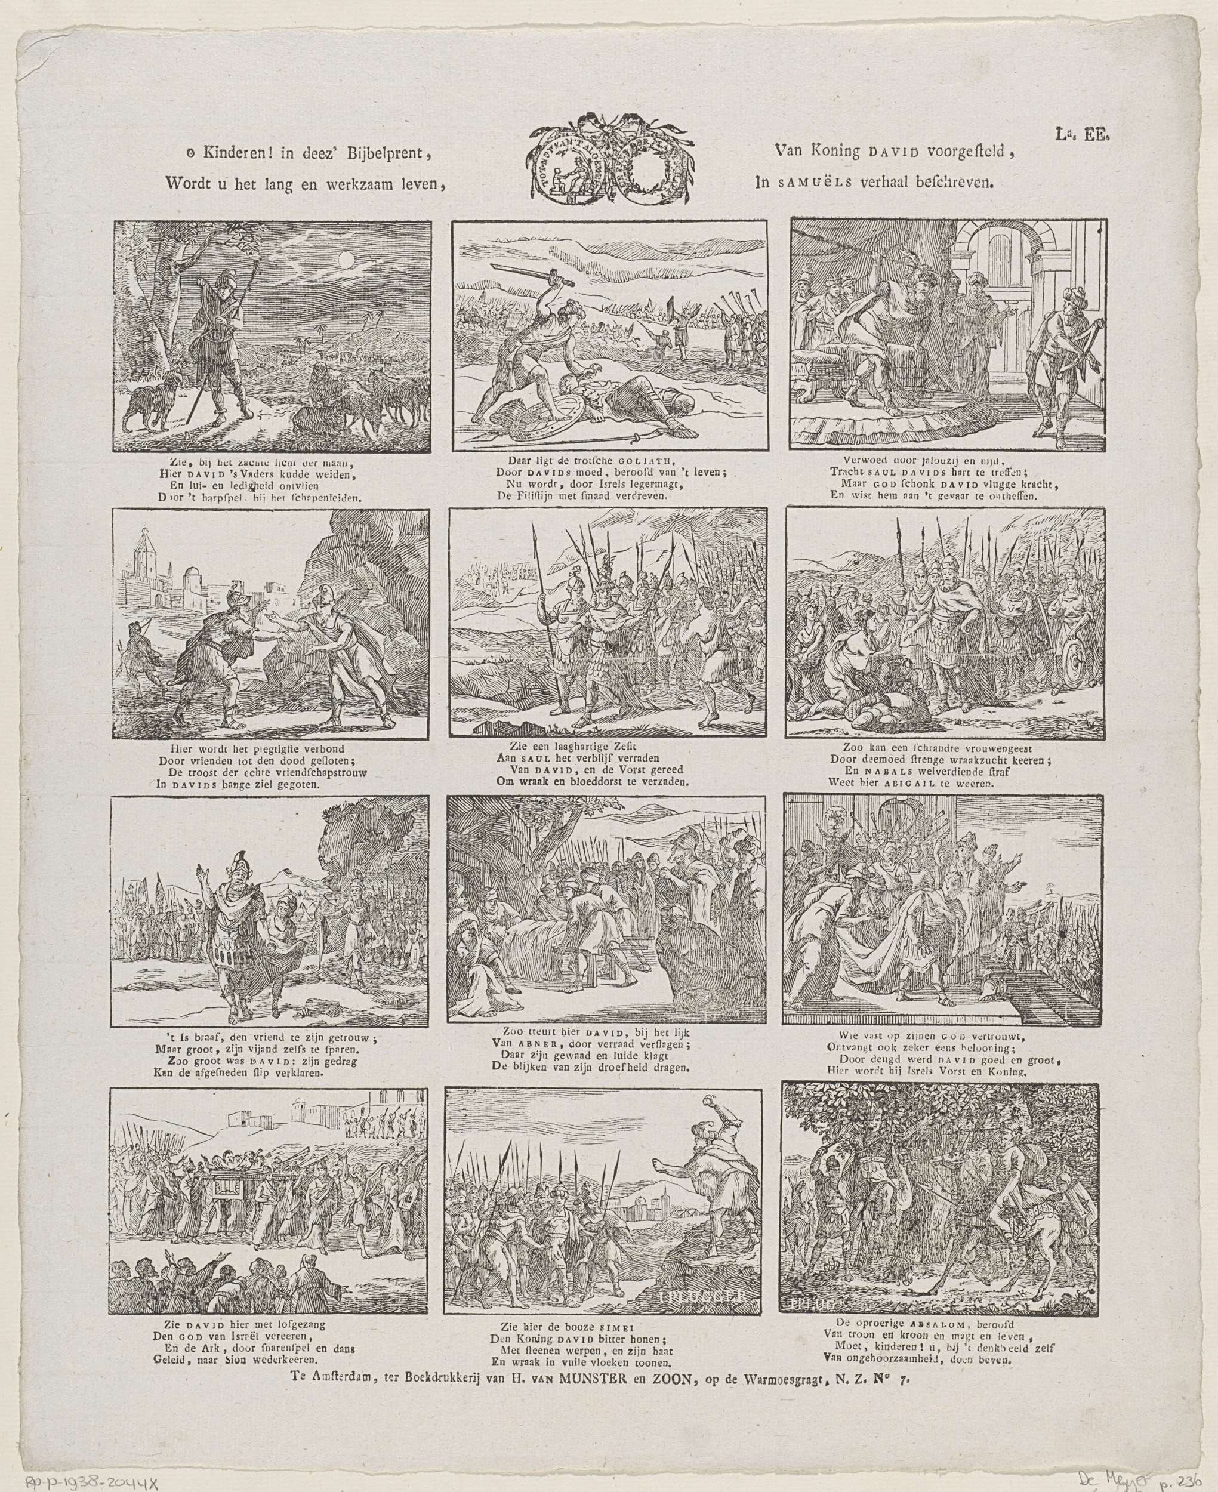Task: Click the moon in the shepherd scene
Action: [x=344, y=260]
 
